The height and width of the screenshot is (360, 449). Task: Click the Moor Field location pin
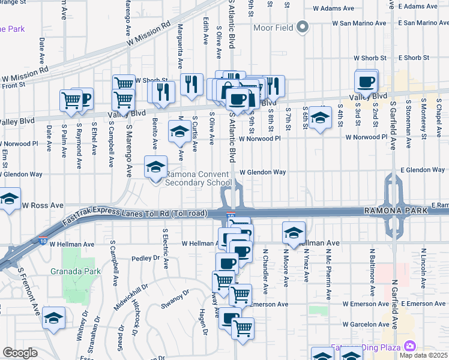coord(304,27)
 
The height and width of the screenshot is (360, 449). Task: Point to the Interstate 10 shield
coord(231,214)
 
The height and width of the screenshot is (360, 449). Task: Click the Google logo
coord(20,353)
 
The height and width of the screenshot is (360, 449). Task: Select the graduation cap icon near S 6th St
coord(321,118)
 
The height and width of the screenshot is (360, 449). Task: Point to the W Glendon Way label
coord(262,172)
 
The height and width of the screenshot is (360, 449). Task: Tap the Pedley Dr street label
coord(146,259)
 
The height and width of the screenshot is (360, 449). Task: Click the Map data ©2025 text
coord(423,355)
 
